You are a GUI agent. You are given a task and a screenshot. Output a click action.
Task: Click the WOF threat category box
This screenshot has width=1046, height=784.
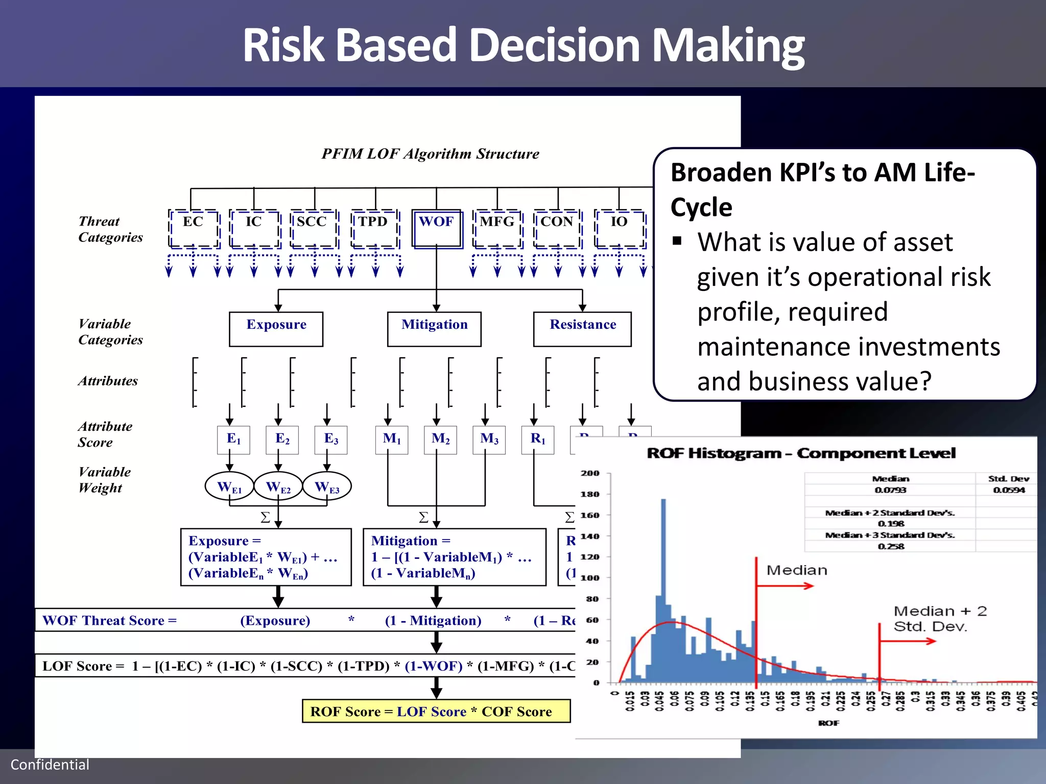[x=437, y=228]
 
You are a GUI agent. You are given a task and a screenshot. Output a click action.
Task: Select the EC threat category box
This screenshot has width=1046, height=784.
[x=194, y=228]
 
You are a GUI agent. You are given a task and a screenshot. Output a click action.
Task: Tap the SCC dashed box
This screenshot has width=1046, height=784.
[x=314, y=228]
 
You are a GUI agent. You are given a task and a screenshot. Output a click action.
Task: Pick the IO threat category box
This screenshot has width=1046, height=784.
[x=620, y=228]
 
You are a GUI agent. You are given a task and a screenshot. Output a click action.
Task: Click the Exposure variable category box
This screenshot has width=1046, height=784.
[x=276, y=329]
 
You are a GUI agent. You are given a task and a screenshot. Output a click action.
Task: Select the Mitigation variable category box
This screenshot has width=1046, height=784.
[x=434, y=329]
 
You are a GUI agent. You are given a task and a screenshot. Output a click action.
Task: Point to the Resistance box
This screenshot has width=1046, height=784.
[x=582, y=329]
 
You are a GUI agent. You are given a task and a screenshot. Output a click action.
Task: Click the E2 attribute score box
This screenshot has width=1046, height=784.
[x=282, y=439]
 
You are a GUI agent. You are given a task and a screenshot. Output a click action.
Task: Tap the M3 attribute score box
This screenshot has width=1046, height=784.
[x=489, y=439]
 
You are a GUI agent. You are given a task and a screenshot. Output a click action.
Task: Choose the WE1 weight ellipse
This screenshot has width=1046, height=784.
[x=229, y=486]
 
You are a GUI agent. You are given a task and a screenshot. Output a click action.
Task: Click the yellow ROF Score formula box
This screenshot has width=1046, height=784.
[x=436, y=711]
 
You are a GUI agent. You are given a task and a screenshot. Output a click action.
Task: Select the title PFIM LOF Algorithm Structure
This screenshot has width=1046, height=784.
[x=430, y=154]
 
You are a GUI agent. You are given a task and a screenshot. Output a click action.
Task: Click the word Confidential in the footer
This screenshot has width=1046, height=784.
[x=50, y=764]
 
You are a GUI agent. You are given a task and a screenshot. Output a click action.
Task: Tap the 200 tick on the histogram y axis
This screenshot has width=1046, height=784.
[x=590, y=473]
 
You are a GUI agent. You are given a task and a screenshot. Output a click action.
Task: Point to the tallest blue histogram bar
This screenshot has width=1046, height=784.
[x=663, y=587]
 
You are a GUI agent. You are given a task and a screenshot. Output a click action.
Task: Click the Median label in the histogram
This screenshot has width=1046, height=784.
[x=797, y=570]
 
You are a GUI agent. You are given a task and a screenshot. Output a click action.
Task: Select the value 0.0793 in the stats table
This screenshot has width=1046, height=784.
[x=890, y=490]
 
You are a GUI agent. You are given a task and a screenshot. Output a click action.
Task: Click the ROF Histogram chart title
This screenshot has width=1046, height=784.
[x=801, y=453]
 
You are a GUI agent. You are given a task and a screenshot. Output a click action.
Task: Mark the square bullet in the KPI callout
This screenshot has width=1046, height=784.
[x=677, y=241]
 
